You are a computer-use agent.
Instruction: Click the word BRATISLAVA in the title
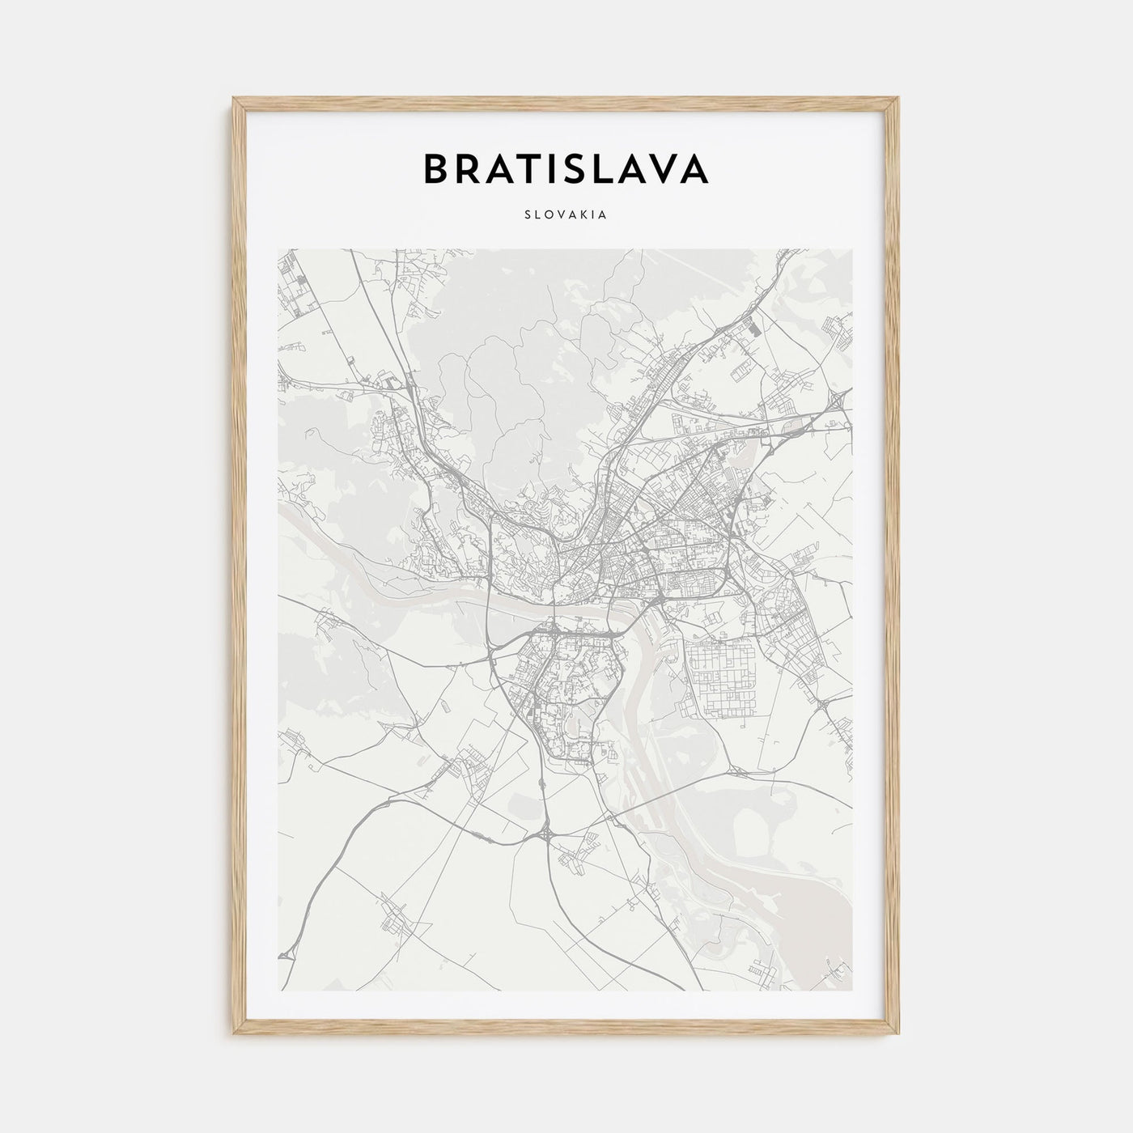point(566,168)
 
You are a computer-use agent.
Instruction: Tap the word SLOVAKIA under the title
point(566,215)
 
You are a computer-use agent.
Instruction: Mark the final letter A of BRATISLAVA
point(694,168)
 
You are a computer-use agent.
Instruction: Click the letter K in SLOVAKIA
point(583,215)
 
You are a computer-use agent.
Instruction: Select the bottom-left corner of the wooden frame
point(234,1035)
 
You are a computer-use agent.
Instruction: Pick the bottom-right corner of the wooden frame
point(899,1035)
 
